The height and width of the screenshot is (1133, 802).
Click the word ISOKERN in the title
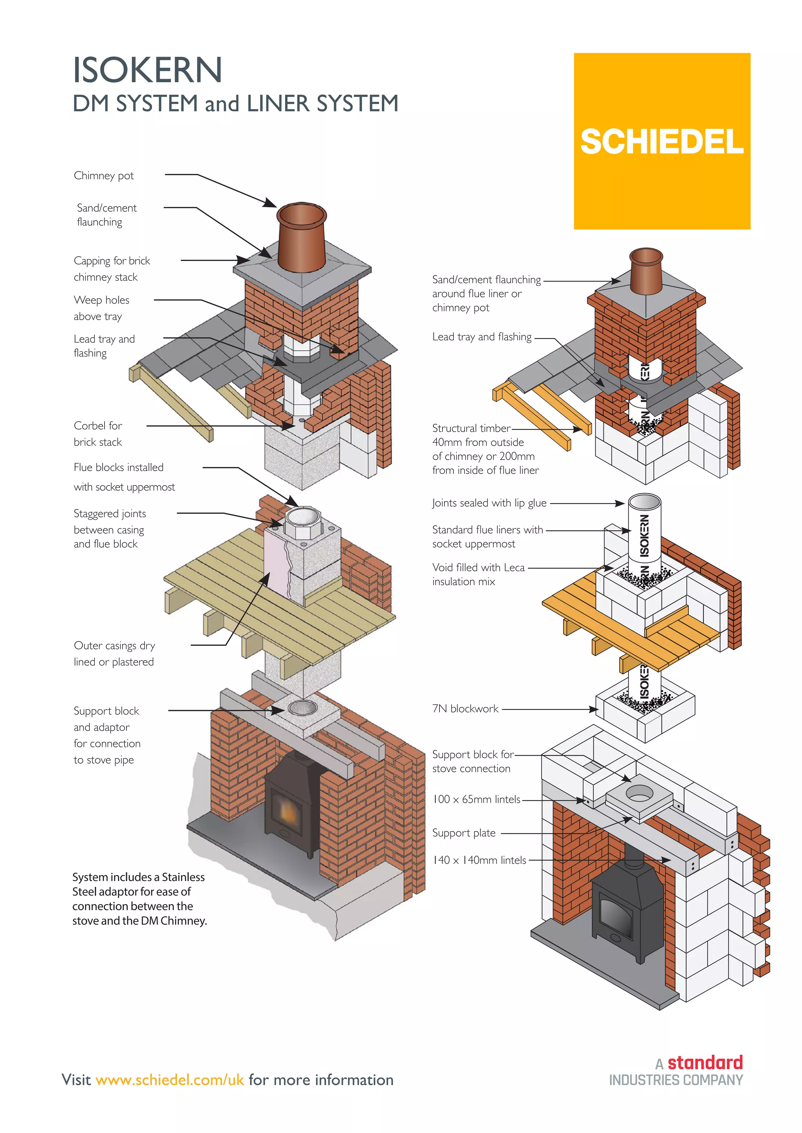[147, 70]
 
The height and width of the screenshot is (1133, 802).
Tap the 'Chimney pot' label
[104, 176]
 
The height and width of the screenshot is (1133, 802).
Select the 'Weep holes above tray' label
[101, 308]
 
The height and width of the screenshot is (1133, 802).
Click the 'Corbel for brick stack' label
[98, 434]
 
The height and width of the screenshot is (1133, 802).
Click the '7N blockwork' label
[465, 709]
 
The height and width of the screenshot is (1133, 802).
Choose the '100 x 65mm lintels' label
[476, 799]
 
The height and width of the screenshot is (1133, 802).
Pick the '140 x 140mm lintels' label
[479, 860]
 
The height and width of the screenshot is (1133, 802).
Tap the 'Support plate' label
[464, 833]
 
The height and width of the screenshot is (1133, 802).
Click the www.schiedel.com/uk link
[170, 1080]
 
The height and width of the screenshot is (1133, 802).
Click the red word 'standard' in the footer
[705, 1063]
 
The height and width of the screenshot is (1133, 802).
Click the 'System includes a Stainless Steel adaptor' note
[139, 898]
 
